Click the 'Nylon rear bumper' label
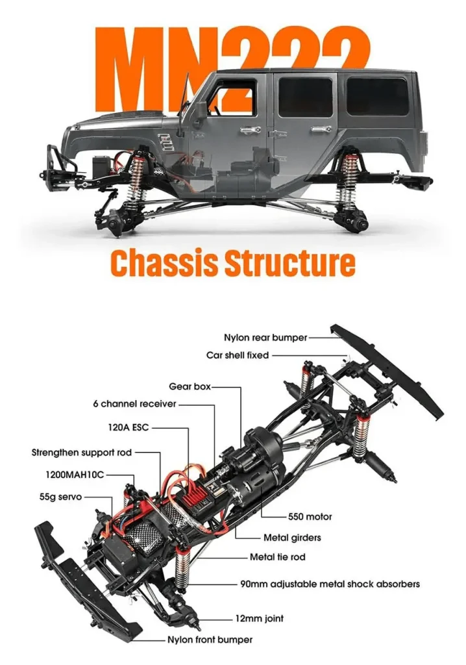265,338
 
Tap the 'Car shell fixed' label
237,355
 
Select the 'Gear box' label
190,386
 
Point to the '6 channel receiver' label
134,404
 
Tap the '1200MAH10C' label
75,475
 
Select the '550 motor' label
310,517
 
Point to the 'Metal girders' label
292,538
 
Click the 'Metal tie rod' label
277,557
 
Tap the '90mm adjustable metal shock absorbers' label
330,584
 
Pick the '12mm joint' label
259,618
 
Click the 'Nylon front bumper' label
210,640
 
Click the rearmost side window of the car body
377,97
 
